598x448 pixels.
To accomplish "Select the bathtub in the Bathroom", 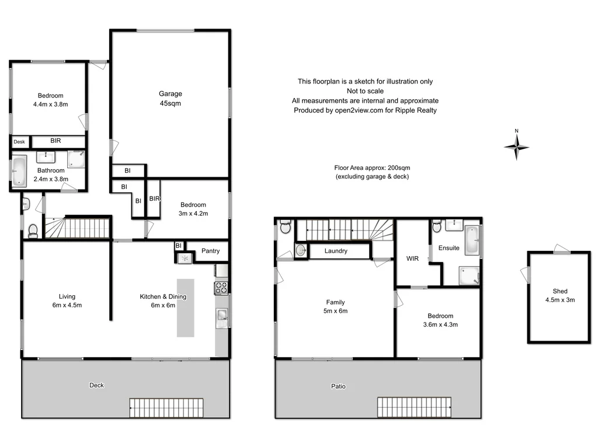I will tap(19, 171).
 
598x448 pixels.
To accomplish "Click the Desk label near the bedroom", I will tap(19, 142).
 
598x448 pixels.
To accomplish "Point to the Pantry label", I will tap(210, 251).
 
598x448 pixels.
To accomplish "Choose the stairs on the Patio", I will tap(414, 407).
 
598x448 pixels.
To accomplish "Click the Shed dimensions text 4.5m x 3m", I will tap(560, 300).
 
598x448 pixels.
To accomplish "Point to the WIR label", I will tap(414, 258).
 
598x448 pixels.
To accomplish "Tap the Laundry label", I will tap(336, 251).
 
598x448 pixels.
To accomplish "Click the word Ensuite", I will tap(448, 248).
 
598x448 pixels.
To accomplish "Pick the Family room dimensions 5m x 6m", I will tap(335, 311).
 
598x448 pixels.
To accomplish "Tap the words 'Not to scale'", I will tap(365, 91).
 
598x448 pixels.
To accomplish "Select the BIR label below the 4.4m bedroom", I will tap(55, 141).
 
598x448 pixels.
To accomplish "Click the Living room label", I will tap(67, 296).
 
